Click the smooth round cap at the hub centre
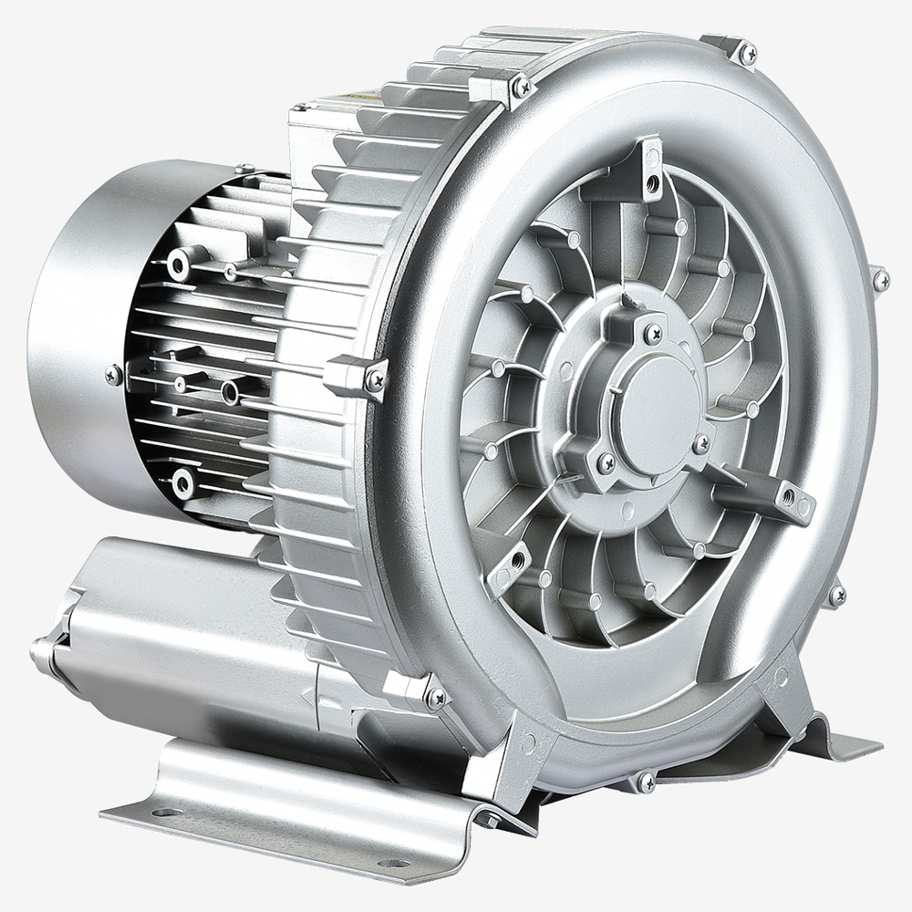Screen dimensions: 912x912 coord(654,400)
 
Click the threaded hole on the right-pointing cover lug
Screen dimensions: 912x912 coord(787,497)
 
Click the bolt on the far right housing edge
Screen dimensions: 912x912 coord(880,280)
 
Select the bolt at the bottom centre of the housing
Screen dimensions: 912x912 coord(646,782)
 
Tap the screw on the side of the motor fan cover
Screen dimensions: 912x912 coord(113,374)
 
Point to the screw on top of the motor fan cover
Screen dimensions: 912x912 coord(244,170)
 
